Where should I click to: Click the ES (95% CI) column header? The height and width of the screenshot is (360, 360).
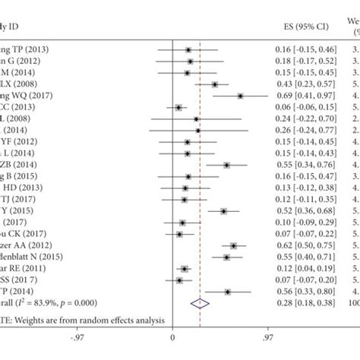click(300, 28)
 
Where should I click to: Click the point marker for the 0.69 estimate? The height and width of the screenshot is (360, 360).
click(241, 96)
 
